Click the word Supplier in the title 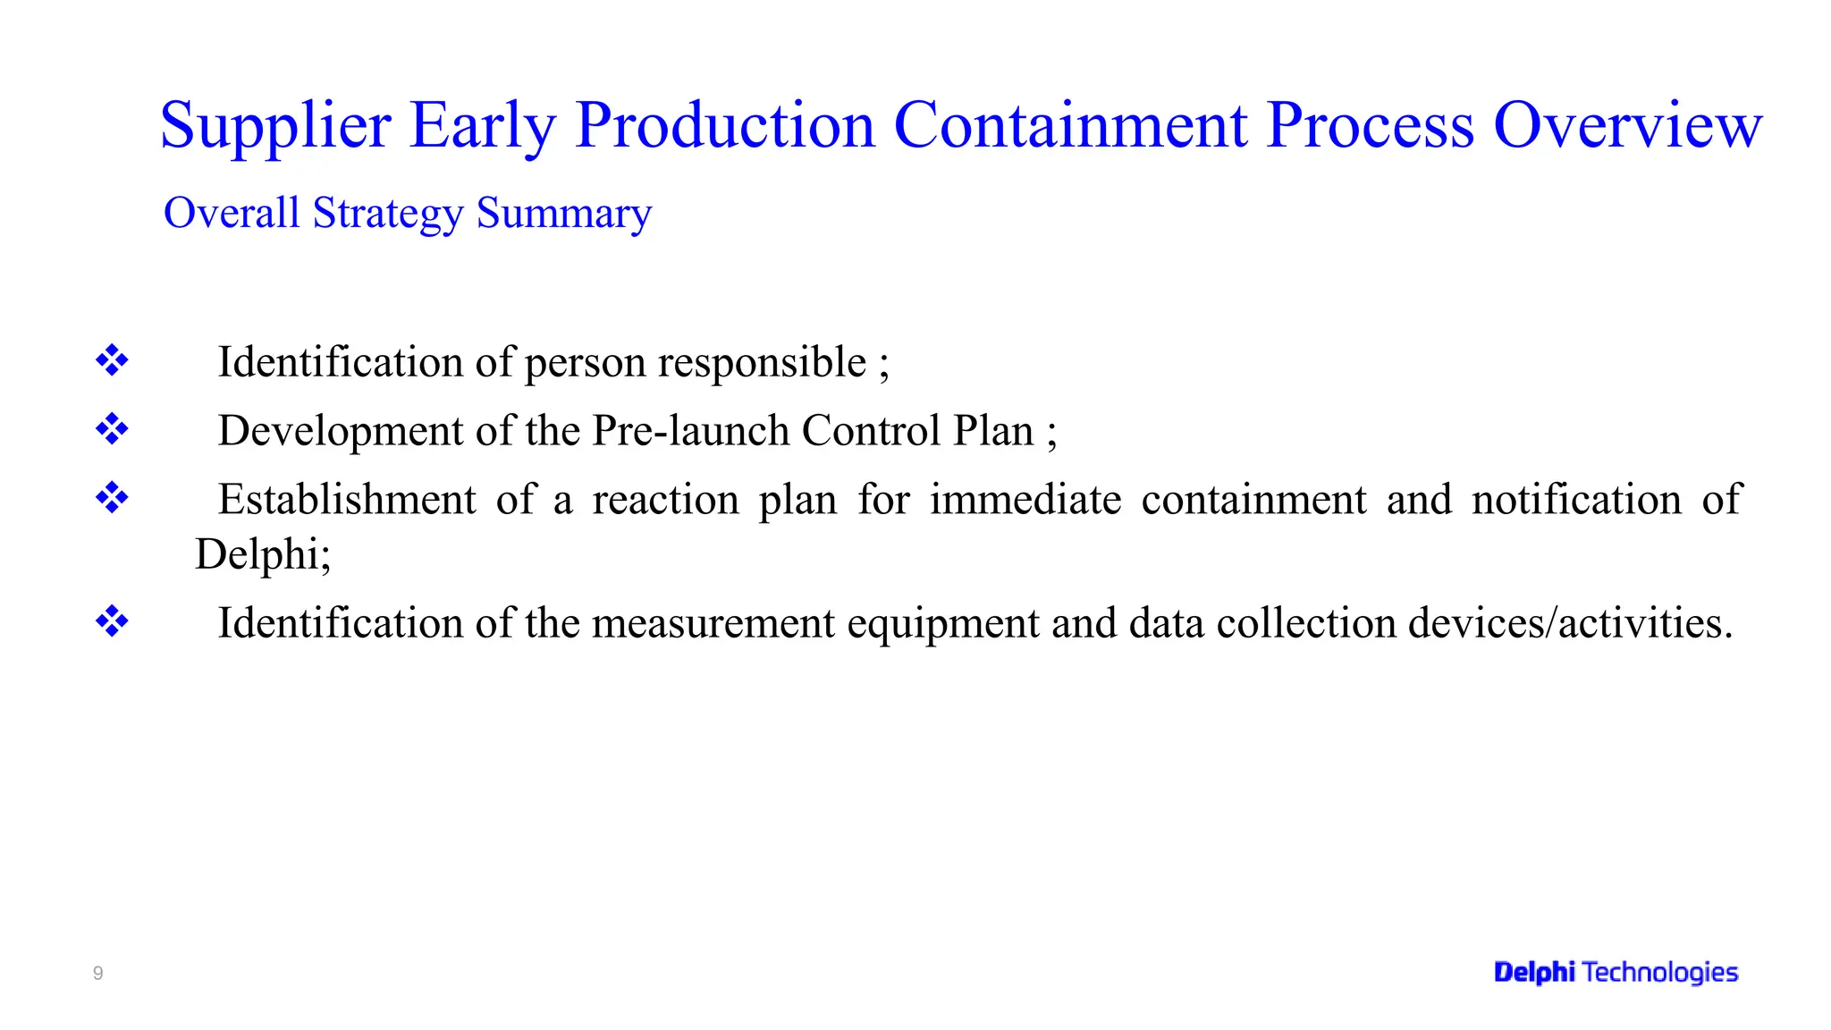(x=275, y=126)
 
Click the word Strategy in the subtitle (x=388, y=214)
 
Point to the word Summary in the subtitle (x=564, y=214)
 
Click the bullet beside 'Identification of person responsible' (x=112, y=360)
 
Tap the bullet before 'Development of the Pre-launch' (x=112, y=429)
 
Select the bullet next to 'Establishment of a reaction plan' (x=112, y=497)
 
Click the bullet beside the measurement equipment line (x=112, y=621)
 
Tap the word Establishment (x=347, y=499)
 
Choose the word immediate (x=1025, y=499)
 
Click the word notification (x=1577, y=499)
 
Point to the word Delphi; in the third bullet (x=263, y=554)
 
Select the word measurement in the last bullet (x=713, y=623)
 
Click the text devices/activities (x=1570, y=623)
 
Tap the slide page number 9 (x=98, y=973)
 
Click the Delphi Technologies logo (x=1616, y=972)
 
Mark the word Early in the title (x=483, y=126)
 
